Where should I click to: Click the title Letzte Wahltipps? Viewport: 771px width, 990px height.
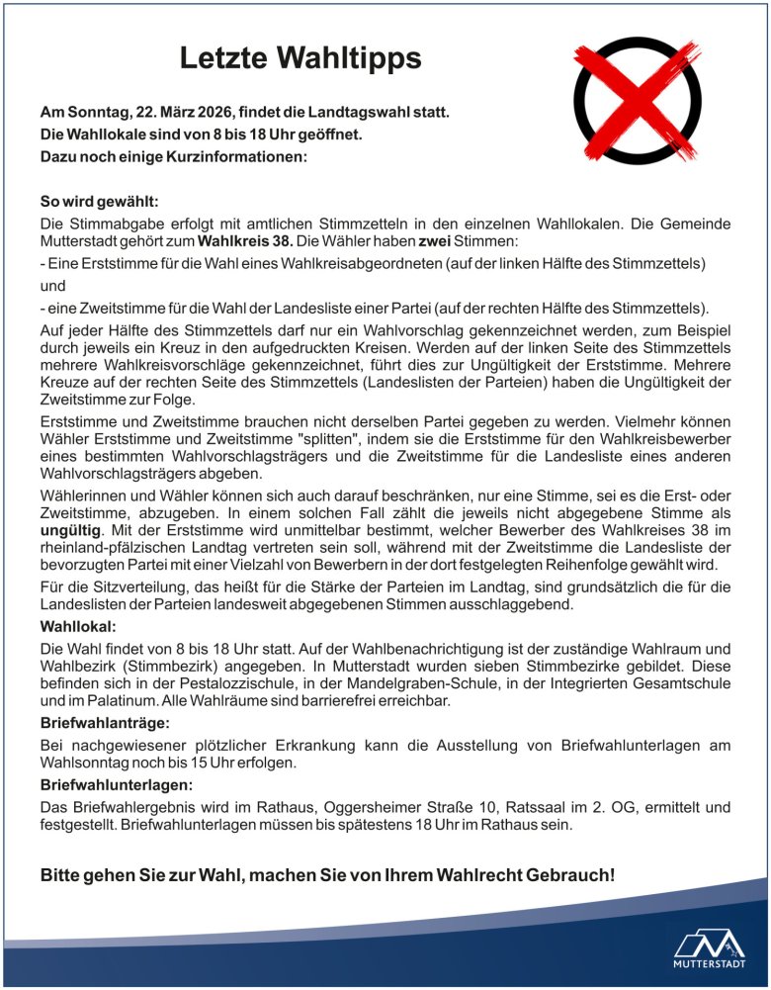click(x=300, y=58)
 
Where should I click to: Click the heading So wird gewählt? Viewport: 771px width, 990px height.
click(x=92, y=201)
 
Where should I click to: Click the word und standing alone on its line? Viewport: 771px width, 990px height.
click(x=52, y=285)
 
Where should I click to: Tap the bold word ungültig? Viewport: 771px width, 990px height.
click(x=70, y=531)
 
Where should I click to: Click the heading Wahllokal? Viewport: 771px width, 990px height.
click(x=79, y=627)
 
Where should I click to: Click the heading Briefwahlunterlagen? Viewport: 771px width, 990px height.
click(x=115, y=785)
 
